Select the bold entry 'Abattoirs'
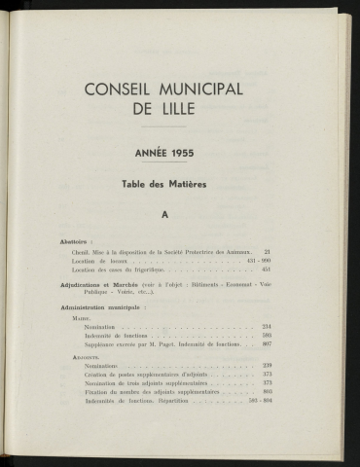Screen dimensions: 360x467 click(x=75, y=239)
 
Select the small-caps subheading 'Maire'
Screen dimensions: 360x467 click(x=82, y=319)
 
